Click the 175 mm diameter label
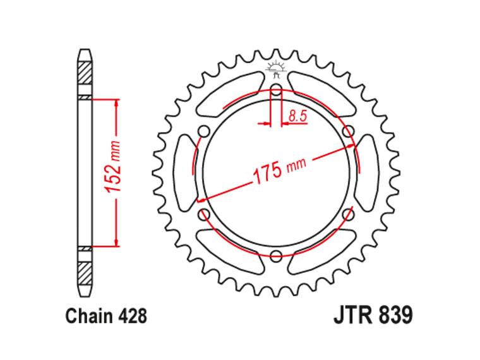tap(279, 170)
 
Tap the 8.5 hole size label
tap(297, 116)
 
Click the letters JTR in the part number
tap(354, 316)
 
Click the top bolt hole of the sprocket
tap(276, 88)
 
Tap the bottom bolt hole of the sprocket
tap(276, 256)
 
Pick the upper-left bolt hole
tap(203, 131)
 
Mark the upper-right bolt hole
tap(349, 131)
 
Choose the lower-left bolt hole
tap(203, 214)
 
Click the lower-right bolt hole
tap(349, 214)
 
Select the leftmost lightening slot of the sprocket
tap(185, 172)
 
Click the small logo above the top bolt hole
tap(276, 68)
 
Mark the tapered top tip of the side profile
tap(85, 52)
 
